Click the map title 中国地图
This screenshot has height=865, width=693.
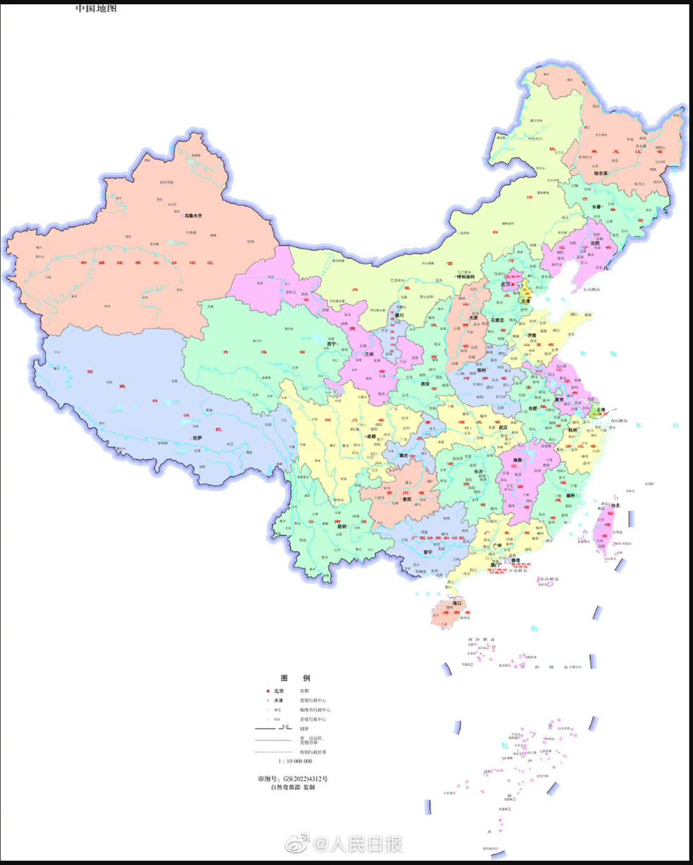97,9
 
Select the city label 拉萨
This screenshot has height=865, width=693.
197,438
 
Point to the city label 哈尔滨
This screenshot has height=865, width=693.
601,174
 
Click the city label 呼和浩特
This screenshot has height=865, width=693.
468,277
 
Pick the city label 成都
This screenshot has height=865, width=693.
371,436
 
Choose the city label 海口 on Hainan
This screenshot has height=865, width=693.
456,603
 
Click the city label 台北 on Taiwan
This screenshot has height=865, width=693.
615,507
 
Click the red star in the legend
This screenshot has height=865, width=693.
268,691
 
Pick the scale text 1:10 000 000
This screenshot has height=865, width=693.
295,761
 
